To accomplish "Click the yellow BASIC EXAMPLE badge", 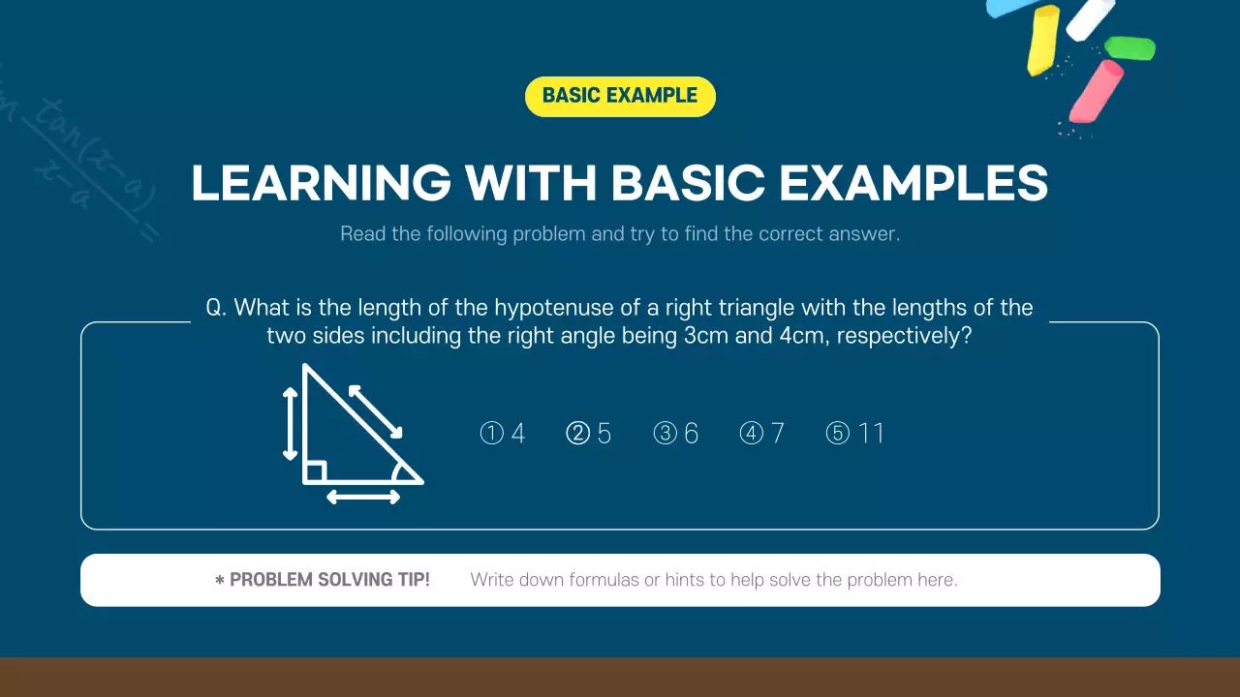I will tap(620, 96).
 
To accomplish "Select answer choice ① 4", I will tap(503, 433).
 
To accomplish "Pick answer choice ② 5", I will tap(589, 433).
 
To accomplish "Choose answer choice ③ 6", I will tap(676, 433).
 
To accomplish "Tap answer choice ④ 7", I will tap(762, 433).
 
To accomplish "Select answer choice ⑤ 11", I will tap(855, 433).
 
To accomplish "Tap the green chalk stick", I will tap(1130, 47).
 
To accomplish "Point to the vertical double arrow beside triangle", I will tap(290, 423).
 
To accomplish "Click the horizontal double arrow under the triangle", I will tap(363, 497).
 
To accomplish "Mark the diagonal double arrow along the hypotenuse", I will tap(375, 411).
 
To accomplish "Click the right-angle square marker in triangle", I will tap(315, 472).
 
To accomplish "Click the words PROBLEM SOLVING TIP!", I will tap(329, 580).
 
